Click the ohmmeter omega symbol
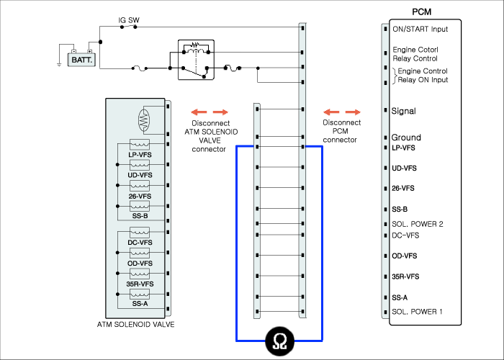[279, 341]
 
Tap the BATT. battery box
[81, 60]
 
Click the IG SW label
[129, 20]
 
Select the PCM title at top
[421, 12]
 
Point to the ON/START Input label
[420, 30]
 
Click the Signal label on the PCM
[403, 111]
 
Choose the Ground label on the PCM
[406, 138]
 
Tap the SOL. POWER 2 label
[417, 224]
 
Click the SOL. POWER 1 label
[417, 312]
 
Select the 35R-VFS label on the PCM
[405, 276]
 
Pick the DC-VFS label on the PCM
[405, 235]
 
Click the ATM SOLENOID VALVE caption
[135, 325]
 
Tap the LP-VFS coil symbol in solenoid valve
[140, 144]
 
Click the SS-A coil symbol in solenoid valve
[140, 294]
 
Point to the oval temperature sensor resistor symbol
[144, 120]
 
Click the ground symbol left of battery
[59, 65]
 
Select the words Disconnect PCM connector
[341, 131]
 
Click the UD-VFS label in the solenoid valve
[140, 175]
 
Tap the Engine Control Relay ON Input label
[423, 76]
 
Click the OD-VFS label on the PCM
[405, 256]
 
